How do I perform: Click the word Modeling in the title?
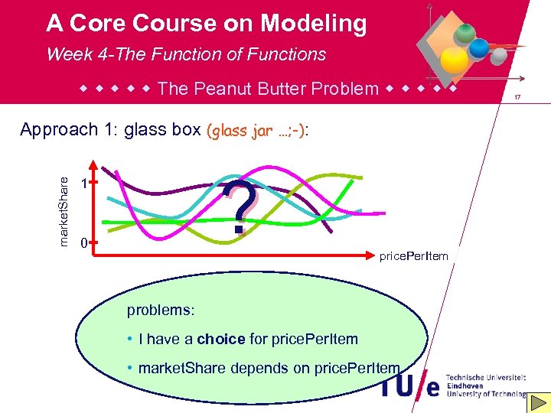[314, 24]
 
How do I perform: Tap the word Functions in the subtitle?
[289, 54]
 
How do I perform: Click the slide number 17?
[518, 97]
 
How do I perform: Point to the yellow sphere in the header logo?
[454, 59]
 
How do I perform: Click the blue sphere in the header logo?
[479, 47]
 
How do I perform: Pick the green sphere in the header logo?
[464, 34]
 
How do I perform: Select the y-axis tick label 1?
[85, 184]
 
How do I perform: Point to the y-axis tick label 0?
[83, 243]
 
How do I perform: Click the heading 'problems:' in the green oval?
[161, 311]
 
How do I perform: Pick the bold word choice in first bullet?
[221, 339]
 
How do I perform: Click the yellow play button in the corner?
[540, 402]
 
